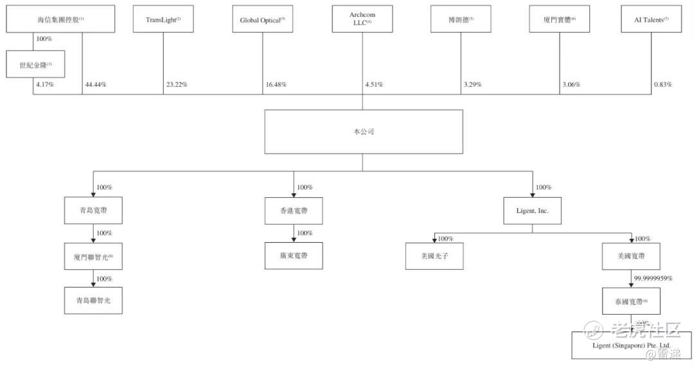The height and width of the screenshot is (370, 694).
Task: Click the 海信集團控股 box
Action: coord(60,19)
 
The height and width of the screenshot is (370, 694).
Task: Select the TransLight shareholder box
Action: coord(163,19)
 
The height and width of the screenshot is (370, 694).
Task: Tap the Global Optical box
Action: coord(262,19)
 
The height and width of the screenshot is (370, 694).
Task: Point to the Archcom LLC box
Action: coord(362,19)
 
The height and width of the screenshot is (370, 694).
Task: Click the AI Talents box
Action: coord(652,19)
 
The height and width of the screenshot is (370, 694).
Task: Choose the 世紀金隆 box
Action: coord(35,64)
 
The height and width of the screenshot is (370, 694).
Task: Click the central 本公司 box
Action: coord(363,131)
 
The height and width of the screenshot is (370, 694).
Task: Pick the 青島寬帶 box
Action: coord(94,211)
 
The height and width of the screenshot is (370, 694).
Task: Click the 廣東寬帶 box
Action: coord(294,256)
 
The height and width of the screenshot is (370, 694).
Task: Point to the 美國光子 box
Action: coord(434,256)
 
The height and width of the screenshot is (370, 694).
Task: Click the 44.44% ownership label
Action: coord(96,85)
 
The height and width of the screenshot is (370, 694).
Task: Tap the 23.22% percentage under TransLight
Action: coord(176,85)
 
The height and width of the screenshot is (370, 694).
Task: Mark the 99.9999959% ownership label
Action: coord(654,278)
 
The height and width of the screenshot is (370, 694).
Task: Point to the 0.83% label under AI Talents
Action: coord(663,85)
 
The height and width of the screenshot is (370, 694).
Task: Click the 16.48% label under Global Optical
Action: coord(276,85)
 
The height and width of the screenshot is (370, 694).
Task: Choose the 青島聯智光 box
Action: coord(94,301)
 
